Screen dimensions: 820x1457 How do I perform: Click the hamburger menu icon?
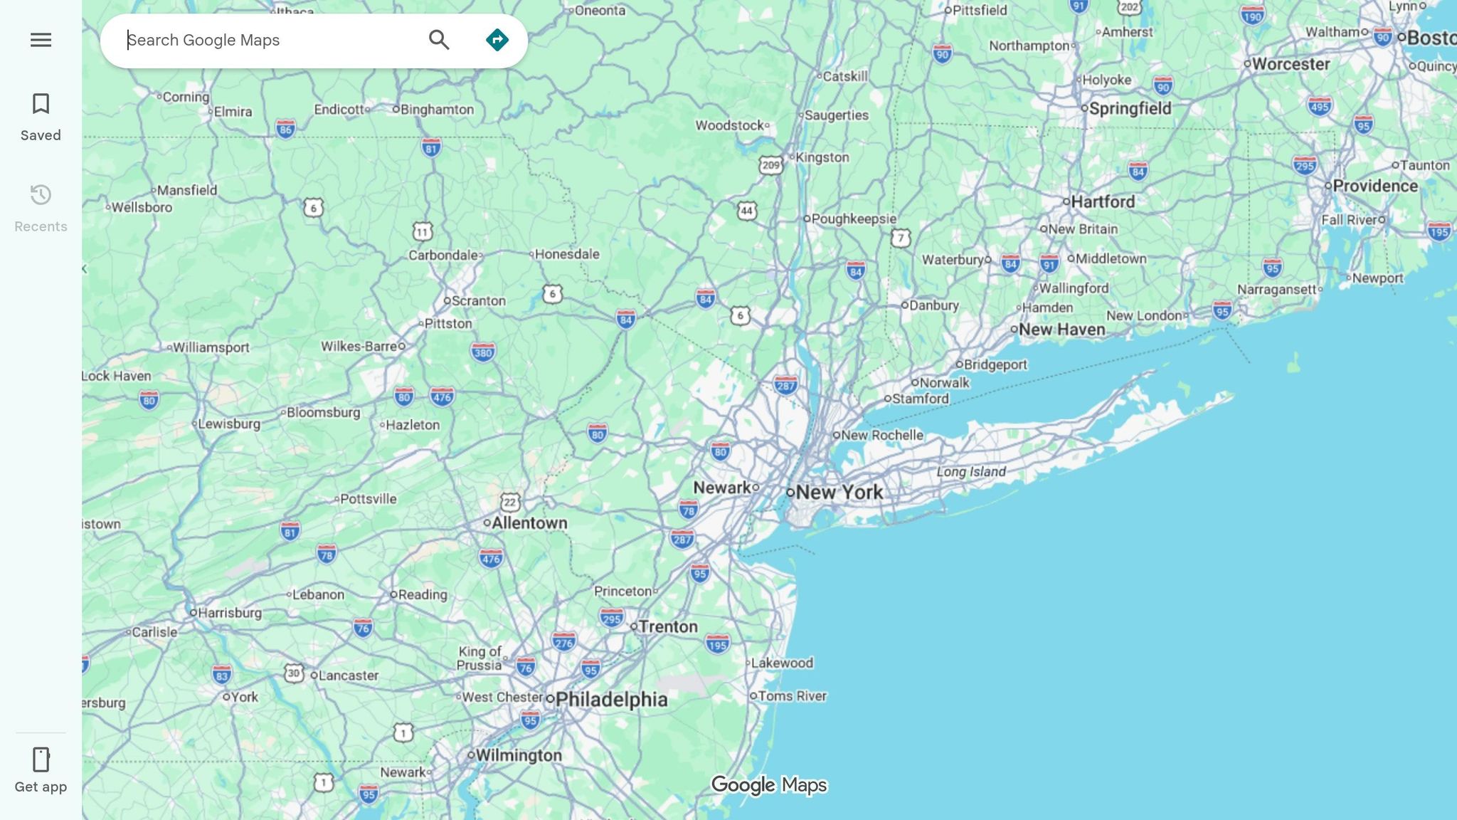(x=41, y=40)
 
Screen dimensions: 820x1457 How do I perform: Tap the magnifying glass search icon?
(x=439, y=40)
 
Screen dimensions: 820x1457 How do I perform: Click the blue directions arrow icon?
(x=497, y=40)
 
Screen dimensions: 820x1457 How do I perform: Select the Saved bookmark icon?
(x=41, y=104)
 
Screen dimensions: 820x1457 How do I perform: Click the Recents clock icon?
(x=41, y=195)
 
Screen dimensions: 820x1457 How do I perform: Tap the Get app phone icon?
(x=41, y=759)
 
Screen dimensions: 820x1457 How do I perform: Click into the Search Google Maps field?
(x=270, y=40)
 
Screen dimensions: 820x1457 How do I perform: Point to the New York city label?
(x=839, y=492)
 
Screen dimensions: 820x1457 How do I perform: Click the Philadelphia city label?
(x=611, y=700)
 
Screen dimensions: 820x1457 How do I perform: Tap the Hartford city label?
(x=1102, y=202)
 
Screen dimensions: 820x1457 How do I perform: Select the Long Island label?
(x=970, y=472)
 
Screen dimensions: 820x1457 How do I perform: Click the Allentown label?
(x=529, y=523)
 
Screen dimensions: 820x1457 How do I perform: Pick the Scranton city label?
(x=478, y=301)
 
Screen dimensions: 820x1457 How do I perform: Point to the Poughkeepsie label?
(x=854, y=219)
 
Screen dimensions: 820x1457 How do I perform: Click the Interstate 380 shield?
(x=483, y=352)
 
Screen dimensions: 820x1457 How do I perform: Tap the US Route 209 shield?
(x=770, y=166)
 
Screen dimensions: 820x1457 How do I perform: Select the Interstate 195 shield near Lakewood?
(x=717, y=645)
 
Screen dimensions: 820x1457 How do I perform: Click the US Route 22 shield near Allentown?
(x=510, y=503)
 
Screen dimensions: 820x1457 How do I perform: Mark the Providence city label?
(x=1374, y=186)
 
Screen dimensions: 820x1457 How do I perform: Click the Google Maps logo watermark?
(x=769, y=785)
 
